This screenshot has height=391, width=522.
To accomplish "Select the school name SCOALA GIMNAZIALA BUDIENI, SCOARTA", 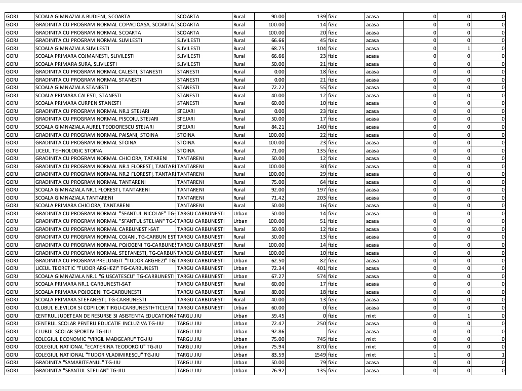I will [83, 17].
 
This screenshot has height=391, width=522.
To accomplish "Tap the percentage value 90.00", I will [276, 17].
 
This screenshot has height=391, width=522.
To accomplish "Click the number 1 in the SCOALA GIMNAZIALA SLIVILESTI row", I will [469, 48].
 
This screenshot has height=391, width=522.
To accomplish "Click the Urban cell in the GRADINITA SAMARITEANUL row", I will [240, 363].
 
